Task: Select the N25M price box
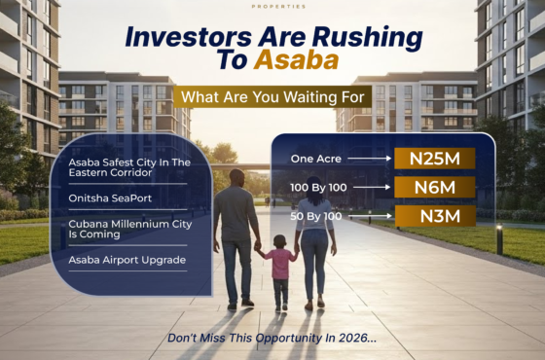pyautogui.click(x=434, y=158)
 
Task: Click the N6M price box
pyautogui.click(x=434, y=187)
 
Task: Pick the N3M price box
pyautogui.click(x=434, y=215)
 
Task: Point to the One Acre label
pyautogui.click(x=315, y=158)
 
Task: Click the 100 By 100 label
pyautogui.click(x=318, y=186)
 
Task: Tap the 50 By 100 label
pyautogui.click(x=315, y=215)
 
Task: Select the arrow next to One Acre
pyautogui.click(x=371, y=158)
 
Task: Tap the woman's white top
pyautogui.click(x=313, y=213)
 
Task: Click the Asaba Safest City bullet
pyautogui.click(x=124, y=165)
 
